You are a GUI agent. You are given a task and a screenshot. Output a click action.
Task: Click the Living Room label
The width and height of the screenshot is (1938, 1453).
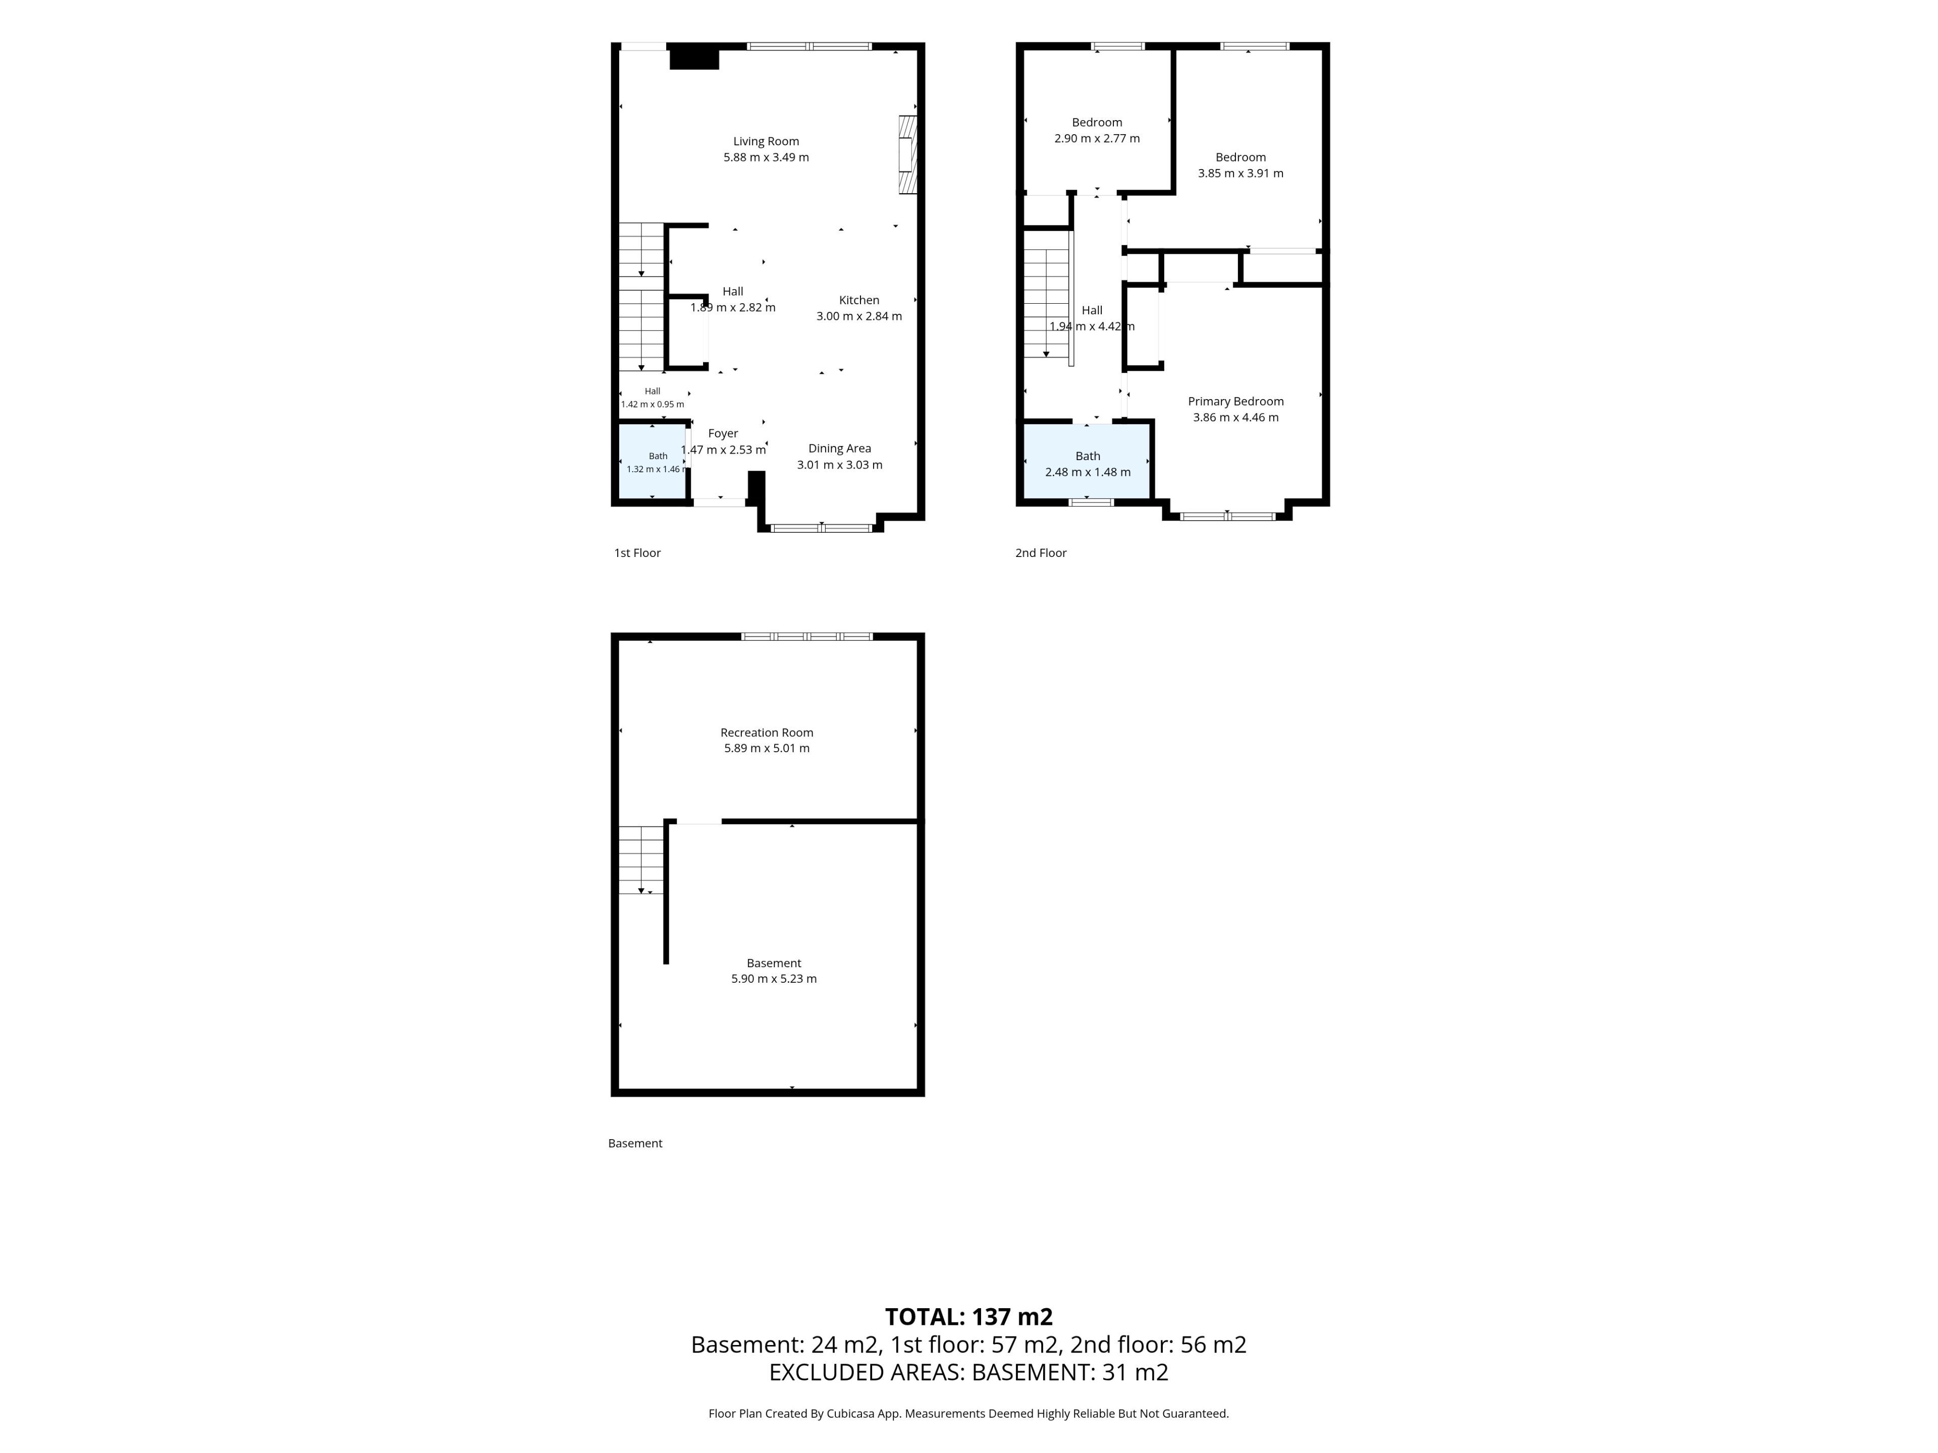[x=766, y=141]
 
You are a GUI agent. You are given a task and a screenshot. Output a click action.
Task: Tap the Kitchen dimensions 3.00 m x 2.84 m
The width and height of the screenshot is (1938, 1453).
[x=858, y=316]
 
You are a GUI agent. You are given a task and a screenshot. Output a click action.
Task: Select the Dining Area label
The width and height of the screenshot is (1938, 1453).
[x=839, y=449]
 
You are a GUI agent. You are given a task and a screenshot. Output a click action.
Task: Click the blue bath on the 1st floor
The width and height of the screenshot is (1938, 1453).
[x=653, y=462]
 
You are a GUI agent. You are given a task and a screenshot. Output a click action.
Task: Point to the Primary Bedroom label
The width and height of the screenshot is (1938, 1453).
[x=1235, y=401]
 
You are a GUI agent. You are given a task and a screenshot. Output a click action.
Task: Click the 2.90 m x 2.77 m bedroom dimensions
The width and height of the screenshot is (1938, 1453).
[x=1097, y=138]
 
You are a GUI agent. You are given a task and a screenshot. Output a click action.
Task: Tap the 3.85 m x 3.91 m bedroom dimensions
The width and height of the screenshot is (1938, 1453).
[x=1241, y=174]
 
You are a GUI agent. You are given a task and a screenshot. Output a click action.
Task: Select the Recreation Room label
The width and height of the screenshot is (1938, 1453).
[x=767, y=732]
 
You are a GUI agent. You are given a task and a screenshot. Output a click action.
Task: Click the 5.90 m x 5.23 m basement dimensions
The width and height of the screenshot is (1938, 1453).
[x=774, y=978]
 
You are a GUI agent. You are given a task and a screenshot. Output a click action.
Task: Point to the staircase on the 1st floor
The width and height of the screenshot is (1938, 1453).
[x=641, y=297]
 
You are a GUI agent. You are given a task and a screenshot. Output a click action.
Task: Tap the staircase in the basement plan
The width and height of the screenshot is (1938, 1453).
[x=641, y=860]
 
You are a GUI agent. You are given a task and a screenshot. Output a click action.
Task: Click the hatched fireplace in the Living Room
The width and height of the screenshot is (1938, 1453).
[x=907, y=154]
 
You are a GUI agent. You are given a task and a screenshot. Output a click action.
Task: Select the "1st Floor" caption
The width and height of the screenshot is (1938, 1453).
[x=637, y=552]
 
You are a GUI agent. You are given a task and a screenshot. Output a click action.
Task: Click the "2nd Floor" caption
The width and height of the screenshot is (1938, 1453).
[x=1041, y=552]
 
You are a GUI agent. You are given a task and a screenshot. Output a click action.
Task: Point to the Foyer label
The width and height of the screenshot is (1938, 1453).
[x=723, y=433]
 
